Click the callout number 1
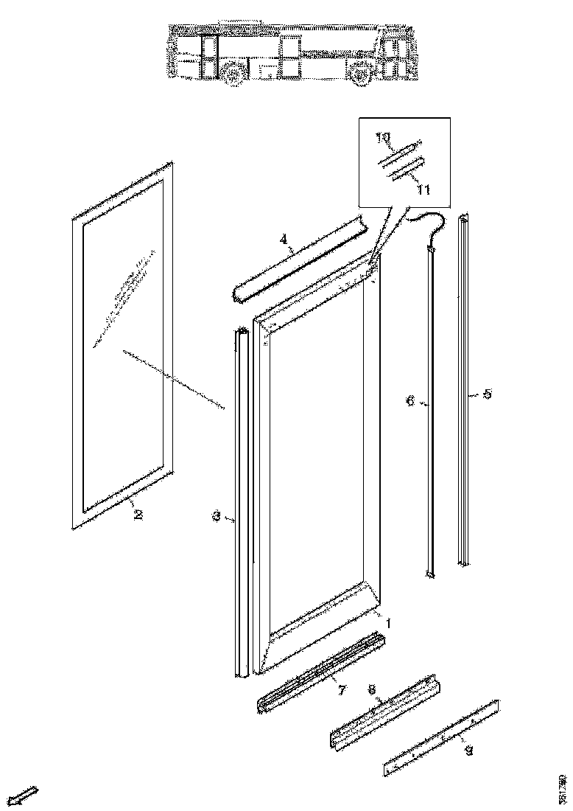point(389,623)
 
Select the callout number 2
point(137,514)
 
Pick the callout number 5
point(487,394)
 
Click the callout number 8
point(373,690)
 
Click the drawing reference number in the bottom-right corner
point(562,787)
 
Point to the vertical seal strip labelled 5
point(463,391)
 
